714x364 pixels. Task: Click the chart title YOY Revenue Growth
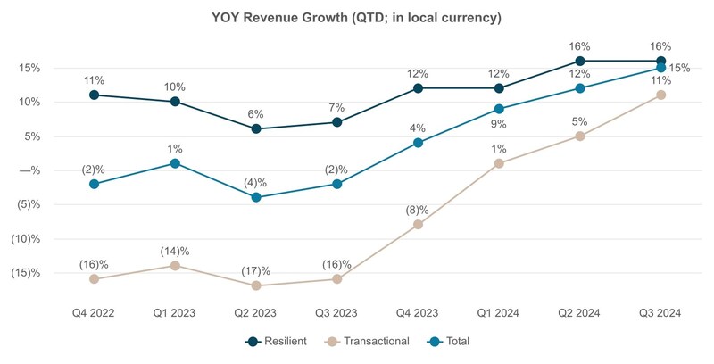[357, 18]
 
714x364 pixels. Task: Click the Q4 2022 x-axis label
[94, 314]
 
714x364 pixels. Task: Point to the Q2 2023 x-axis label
[255, 314]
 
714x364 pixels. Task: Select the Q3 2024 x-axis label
[660, 314]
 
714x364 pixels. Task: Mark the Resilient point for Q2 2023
[256, 128]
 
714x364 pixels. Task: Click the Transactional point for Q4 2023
[418, 224]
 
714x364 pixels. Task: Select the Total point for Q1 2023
[175, 163]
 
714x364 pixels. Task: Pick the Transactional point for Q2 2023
[256, 285]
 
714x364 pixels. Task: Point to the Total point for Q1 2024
[499, 109]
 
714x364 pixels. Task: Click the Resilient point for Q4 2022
[94, 95]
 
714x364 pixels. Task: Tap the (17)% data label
[256, 270]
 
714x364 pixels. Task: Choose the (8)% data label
[417, 210]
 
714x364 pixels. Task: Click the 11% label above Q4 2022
[94, 79]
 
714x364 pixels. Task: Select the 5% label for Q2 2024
[580, 121]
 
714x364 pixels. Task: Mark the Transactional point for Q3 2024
[660, 95]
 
